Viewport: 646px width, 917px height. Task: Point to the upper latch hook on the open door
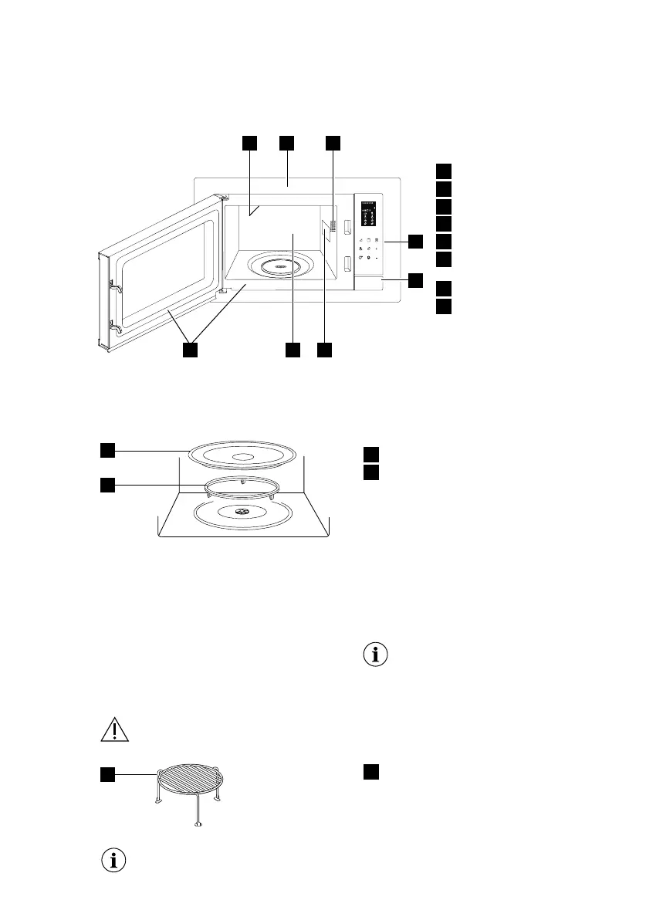pos(115,286)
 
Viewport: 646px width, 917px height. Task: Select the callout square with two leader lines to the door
pos(190,350)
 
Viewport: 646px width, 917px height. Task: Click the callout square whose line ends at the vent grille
pos(333,143)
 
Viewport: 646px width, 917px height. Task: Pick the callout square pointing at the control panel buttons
pos(416,241)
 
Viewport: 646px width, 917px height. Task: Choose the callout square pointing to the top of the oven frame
pos(287,143)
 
